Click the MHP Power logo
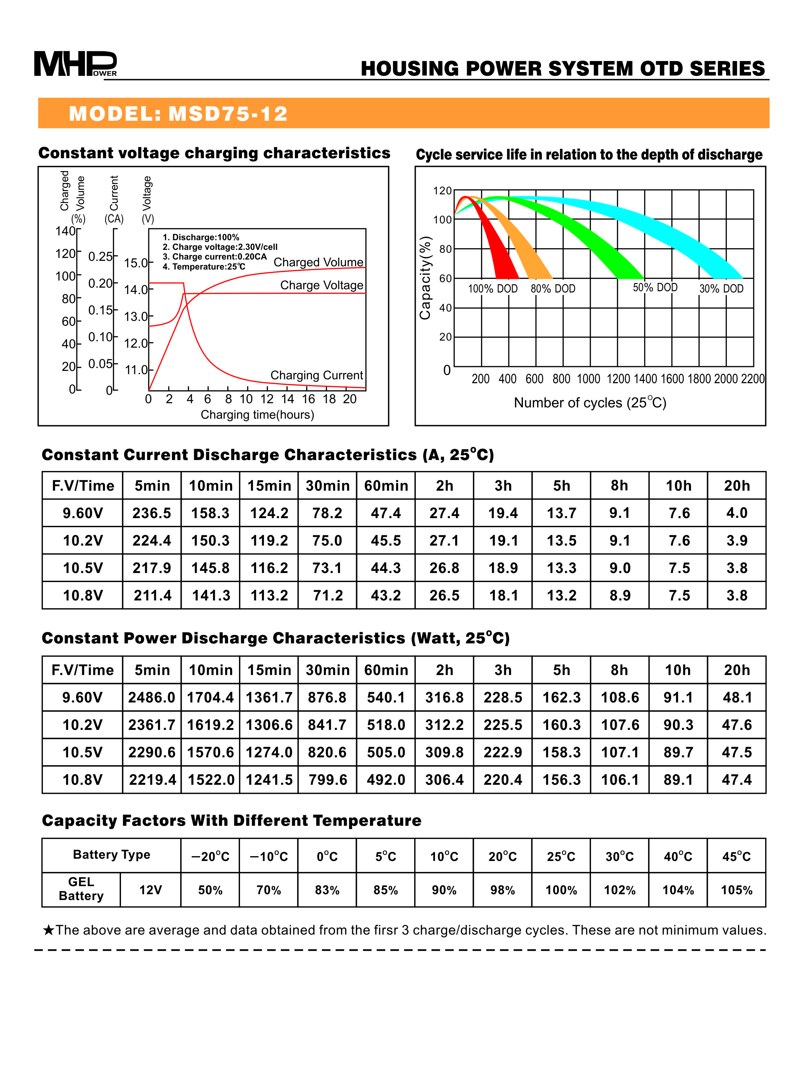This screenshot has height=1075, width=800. (75, 64)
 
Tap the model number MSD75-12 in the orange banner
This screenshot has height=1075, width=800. (228, 114)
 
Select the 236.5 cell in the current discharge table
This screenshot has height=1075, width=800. (152, 513)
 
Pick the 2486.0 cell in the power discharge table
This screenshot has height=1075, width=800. (152, 697)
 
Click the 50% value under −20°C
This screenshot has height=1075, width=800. (210, 890)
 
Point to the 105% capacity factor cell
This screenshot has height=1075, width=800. (736, 890)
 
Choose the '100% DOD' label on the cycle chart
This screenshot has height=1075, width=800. (493, 289)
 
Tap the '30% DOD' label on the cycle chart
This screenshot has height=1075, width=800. (721, 289)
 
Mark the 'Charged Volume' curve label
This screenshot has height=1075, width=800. (318, 262)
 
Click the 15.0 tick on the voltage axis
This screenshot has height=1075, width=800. (135, 263)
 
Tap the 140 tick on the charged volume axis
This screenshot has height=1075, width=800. (65, 231)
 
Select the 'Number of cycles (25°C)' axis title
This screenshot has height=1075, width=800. (590, 403)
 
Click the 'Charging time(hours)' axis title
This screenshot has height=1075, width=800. (257, 415)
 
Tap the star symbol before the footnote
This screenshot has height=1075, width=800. (48, 930)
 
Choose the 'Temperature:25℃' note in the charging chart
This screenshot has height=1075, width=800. (204, 267)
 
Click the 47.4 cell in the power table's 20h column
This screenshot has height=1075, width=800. (736, 780)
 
